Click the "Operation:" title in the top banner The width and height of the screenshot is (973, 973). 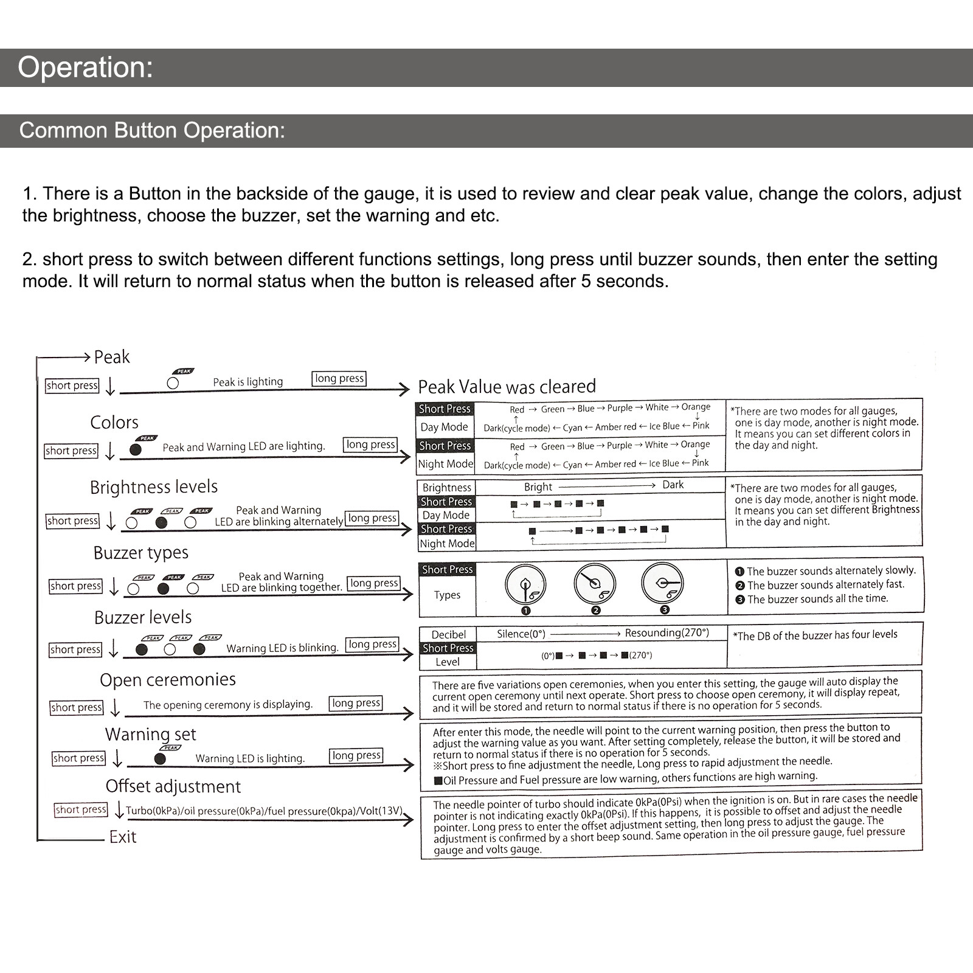(85, 68)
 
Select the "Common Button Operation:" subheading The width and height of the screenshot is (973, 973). (152, 131)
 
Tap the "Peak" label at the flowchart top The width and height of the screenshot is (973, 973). (112, 357)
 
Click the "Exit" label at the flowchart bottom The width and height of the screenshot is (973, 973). (123, 837)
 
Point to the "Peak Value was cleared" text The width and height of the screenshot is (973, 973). (507, 387)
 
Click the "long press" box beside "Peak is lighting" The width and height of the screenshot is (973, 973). (339, 378)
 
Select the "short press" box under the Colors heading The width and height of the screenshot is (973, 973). (71, 451)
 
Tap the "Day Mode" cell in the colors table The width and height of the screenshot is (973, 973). (445, 427)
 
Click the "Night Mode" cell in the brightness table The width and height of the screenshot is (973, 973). (447, 544)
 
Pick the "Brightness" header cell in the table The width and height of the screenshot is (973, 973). (447, 488)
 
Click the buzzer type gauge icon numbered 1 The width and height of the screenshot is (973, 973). (525, 585)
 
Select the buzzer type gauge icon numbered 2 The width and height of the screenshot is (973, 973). (595, 584)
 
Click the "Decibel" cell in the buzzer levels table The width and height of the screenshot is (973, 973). (448, 635)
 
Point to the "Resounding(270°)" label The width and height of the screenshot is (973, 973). (667, 633)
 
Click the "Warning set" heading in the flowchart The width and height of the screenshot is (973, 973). (150, 735)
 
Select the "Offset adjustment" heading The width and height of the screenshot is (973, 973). (173, 787)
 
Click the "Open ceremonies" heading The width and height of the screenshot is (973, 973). (168, 680)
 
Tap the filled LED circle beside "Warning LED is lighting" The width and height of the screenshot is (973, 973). (160, 758)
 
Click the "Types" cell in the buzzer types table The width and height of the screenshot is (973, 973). (447, 595)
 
